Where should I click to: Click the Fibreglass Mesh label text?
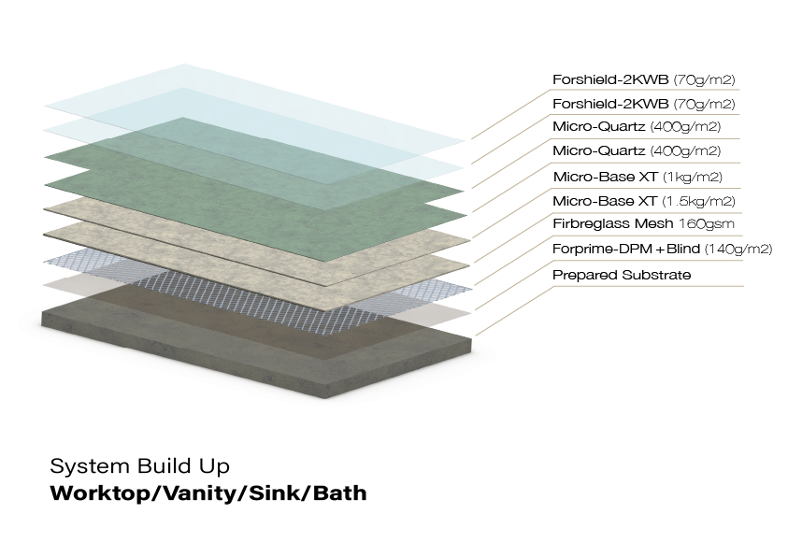pos(612,223)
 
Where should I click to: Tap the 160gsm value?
pos(706,224)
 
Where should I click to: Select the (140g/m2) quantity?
pos(738,250)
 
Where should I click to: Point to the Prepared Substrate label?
pos(622,276)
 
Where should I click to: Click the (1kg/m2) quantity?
pos(693,177)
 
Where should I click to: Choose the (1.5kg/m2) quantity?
pos(698,202)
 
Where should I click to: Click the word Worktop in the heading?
pos(99,493)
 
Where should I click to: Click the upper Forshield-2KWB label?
pos(610,79)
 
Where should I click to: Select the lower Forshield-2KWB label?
pos(610,104)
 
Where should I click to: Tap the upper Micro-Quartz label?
pos(598,126)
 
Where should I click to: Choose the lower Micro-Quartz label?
pos(598,150)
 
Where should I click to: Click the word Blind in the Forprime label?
pos(683,249)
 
